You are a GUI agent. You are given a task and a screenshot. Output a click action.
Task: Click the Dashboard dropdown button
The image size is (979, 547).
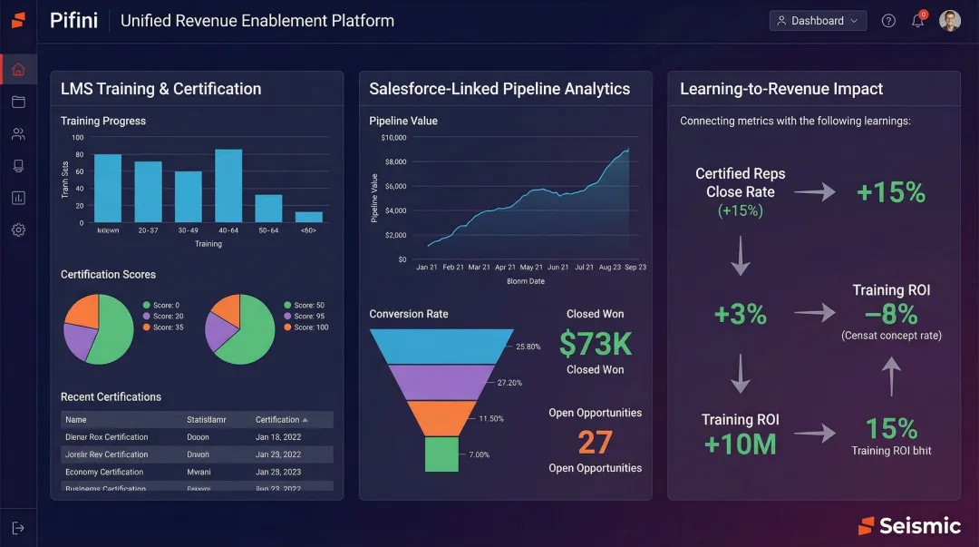click(818, 21)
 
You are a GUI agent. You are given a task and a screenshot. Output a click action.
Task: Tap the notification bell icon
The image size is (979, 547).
click(917, 21)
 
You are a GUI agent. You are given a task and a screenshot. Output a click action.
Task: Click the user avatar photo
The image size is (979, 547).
click(949, 21)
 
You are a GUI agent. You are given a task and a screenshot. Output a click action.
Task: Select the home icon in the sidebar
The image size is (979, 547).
click(18, 70)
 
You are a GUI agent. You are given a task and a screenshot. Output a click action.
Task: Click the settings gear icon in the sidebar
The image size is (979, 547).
click(18, 230)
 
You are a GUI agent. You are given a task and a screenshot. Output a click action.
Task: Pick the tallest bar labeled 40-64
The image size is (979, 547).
click(228, 186)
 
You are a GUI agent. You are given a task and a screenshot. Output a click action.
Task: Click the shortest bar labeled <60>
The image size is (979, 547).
click(309, 217)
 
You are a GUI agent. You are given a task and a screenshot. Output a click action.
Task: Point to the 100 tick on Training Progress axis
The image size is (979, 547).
click(77, 138)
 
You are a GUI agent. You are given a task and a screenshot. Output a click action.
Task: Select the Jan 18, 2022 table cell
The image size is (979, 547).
click(278, 437)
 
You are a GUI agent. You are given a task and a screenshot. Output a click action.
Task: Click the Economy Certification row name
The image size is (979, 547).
click(104, 472)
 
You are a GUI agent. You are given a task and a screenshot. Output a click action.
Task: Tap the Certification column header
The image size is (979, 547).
click(281, 420)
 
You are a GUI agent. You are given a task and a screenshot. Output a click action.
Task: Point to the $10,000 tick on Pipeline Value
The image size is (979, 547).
click(394, 138)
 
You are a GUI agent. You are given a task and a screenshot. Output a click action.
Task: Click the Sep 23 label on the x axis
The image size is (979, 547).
click(635, 268)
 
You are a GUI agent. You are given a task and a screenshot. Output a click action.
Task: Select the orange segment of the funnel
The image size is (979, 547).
click(441, 417)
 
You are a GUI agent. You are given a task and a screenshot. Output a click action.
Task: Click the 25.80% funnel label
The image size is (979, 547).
click(528, 347)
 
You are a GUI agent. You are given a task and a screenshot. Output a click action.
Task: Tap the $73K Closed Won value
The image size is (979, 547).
click(595, 344)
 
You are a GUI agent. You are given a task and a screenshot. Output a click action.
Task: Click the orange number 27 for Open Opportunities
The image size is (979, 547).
click(595, 443)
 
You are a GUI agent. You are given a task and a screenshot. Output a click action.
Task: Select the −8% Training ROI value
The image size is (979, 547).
click(890, 314)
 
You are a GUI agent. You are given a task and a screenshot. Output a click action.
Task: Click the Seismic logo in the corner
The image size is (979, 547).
click(909, 526)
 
